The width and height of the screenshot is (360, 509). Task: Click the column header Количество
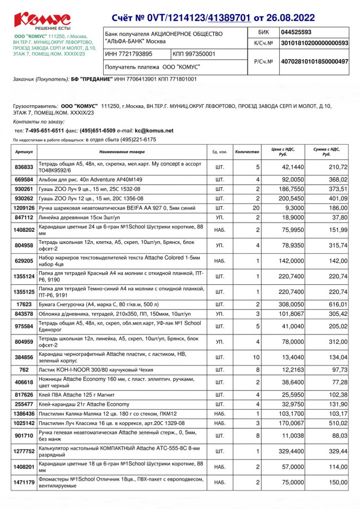pos(247,151)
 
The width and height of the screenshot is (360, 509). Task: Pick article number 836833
pos(24,167)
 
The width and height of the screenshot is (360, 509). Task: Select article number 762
pos(24,369)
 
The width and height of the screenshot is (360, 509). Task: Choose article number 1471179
pos(24,482)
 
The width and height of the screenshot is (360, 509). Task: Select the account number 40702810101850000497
pos(314,62)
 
